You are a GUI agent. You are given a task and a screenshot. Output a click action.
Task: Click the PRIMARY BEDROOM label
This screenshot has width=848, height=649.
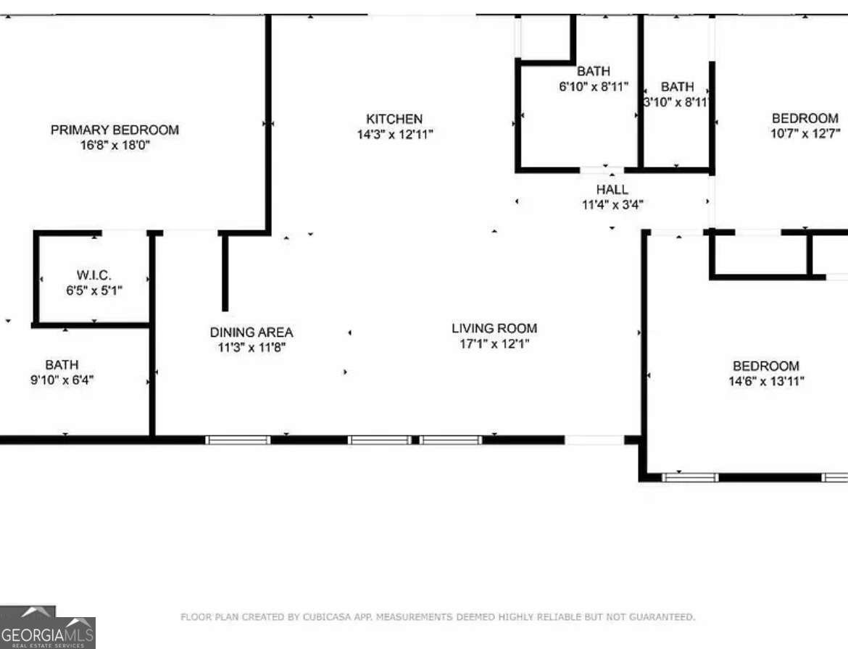tap(115, 130)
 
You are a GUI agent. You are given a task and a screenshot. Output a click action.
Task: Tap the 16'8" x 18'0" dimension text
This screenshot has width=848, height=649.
tap(115, 145)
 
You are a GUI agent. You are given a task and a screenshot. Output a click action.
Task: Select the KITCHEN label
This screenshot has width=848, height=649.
tap(394, 119)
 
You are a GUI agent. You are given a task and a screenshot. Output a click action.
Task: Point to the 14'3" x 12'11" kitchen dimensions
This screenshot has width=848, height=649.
tap(395, 134)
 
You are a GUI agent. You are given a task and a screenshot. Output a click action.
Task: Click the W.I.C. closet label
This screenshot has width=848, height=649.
tap(94, 275)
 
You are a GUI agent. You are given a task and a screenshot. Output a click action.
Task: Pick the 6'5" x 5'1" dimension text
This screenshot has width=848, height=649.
tap(94, 290)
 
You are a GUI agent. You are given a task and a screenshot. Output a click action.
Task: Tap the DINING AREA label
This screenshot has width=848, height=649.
tap(252, 332)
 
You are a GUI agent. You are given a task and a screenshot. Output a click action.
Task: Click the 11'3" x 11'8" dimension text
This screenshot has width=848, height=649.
tap(252, 348)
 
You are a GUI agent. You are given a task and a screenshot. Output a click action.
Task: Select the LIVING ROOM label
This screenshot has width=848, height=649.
tap(494, 329)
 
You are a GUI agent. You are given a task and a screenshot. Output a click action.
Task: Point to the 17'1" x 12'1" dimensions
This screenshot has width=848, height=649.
tap(494, 344)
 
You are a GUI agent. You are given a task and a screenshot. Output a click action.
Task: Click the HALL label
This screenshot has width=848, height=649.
tap(612, 190)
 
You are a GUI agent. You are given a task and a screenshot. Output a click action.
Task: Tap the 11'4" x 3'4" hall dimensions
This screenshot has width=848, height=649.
tap(612, 204)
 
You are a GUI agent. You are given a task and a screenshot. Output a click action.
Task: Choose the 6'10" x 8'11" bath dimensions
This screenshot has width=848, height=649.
tap(594, 87)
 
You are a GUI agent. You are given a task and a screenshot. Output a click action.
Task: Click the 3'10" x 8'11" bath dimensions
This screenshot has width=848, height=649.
tap(677, 102)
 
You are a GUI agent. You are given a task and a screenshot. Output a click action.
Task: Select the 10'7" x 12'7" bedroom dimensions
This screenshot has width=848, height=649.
tap(805, 133)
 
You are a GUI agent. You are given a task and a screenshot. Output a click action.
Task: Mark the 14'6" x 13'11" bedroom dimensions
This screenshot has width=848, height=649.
tap(766, 381)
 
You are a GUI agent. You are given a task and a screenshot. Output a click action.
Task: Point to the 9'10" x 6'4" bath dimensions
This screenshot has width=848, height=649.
tap(62, 380)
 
